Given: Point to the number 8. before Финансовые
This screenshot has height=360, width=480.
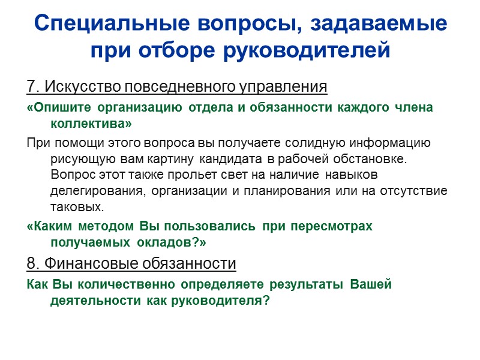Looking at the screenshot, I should [x=33, y=263].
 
